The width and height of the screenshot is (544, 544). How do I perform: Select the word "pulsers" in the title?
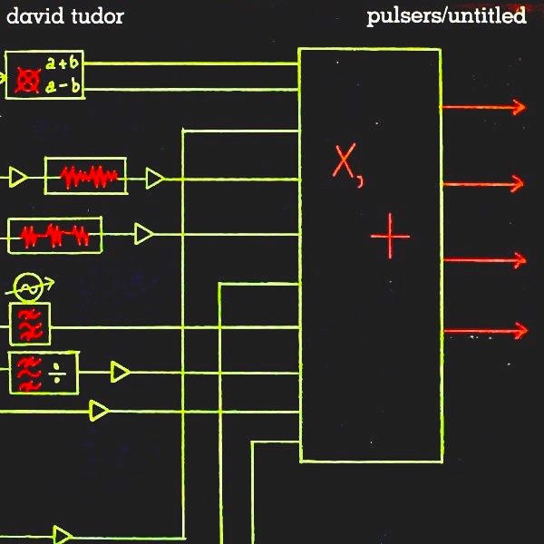pyautogui.click(x=401, y=16)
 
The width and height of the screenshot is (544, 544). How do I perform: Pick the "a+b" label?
pyautogui.click(x=61, y=63)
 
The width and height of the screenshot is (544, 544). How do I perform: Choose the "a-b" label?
pyautogui.click(x=61, y=86)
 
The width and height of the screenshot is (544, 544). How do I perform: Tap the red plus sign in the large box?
pyautogui.click(x=390, y=237)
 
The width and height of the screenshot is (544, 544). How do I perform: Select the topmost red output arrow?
pyautogui.click(x=482, y=107)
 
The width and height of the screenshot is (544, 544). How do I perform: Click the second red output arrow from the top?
pyautogui.click(x=482, y=184)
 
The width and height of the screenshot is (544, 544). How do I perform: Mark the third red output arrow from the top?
pyautogui.click(x=482, y=260)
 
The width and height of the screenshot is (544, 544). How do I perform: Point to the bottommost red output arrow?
pyautogui.click(x=482, y=331)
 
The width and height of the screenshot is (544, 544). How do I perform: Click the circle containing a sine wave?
pyautogui.click(x=29, y=289)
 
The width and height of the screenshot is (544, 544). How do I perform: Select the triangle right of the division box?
pyautogui.click(x=120, y=372)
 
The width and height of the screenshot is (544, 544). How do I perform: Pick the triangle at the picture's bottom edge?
pyautogui.click(x=63, y=535)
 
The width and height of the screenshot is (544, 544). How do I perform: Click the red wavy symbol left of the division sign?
pyautogui.click(x=29, y=373)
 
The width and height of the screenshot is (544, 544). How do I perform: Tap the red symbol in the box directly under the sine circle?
pyautogui.click(x=29, y=325)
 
